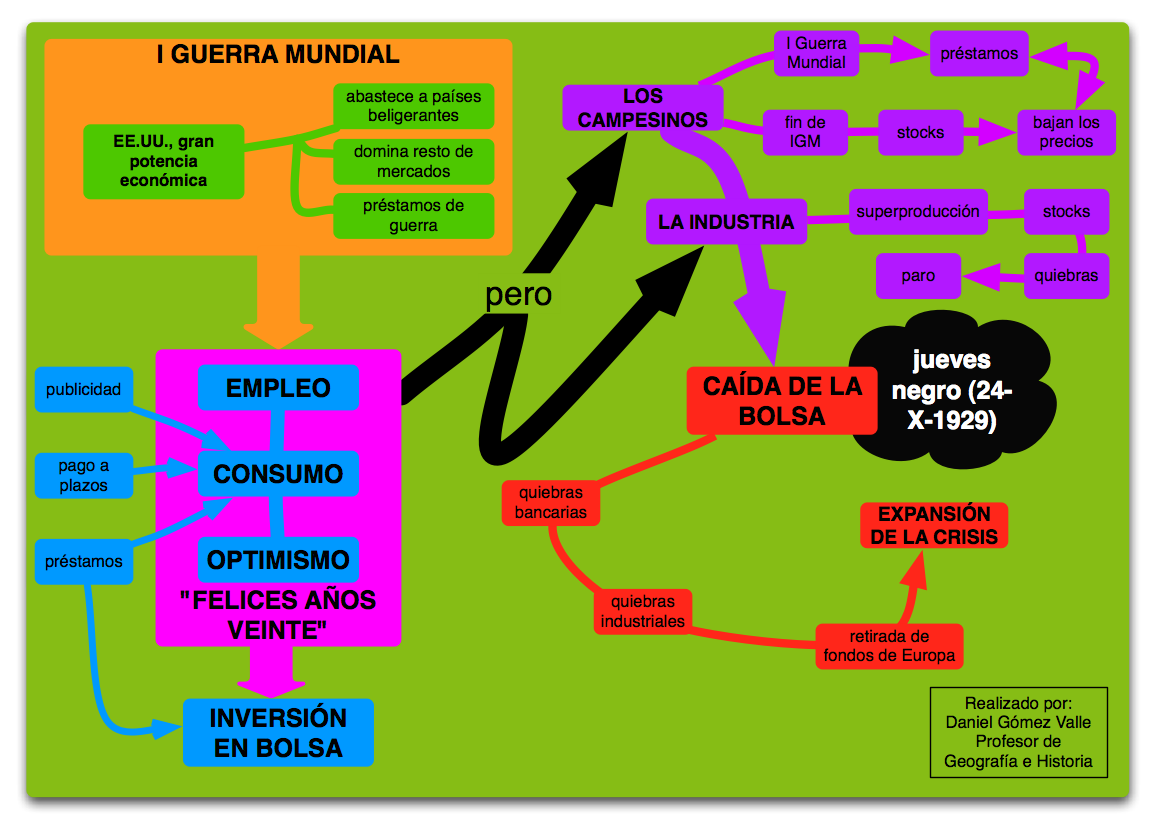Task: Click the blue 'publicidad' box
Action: click(x=83, y=390)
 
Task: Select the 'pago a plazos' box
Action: click(x=83, y=475)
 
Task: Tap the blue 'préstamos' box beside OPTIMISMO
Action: click(x=83, y=561)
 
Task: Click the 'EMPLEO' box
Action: click(x=278, y=388)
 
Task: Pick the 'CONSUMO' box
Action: click(x=278, y=474)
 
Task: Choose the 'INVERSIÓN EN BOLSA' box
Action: click(x=278, y=732)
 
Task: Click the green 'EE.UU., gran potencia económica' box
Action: click(x=164, y=161)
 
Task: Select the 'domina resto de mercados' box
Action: click(x=413, y=162)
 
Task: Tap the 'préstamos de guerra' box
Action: click(x=413, y=216)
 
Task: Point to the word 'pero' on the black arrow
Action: click(x=518, y=295)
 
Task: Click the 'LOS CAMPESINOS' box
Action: click(x=642, y=108)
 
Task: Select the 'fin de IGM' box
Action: click(x=804, y=132)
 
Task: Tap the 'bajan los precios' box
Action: click(x=1065, y=132)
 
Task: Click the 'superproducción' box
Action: click(x=917, y=212)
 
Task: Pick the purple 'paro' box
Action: click(x=917, y=276)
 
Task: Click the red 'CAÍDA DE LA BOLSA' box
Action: click(x=782, y=401)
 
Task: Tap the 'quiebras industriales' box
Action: click(x=643, y=611)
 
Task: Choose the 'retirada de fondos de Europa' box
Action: click(x=889, y=646)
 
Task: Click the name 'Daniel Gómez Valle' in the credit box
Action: click(x=1018, y=722)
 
